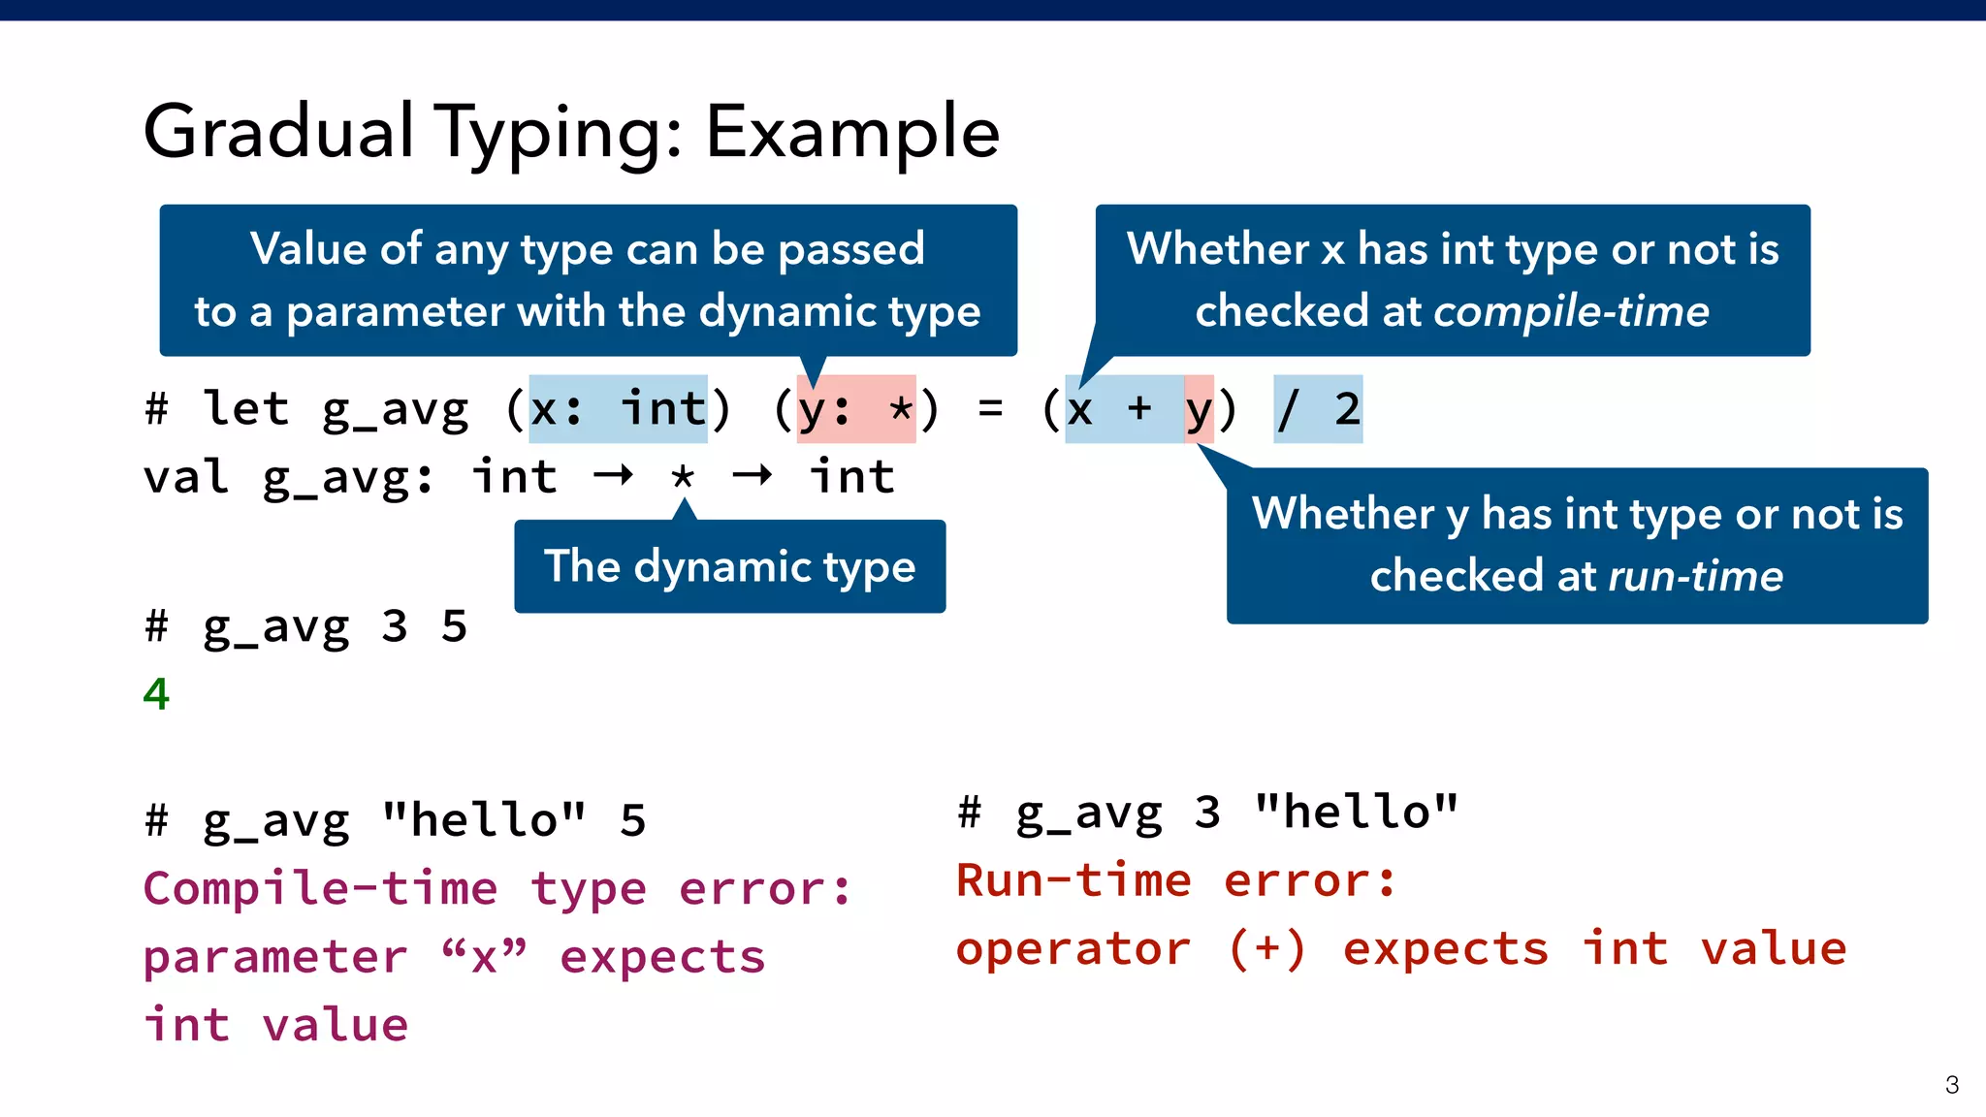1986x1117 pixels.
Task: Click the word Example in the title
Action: (851, 132)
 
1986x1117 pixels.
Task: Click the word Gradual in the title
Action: (278, 132)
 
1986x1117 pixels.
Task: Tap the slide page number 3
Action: (1951, 1084)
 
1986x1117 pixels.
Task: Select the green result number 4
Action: (156, 694)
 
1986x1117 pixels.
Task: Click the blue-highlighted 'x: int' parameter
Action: (618, 409)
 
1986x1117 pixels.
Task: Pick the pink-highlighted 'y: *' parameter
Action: (855, 409)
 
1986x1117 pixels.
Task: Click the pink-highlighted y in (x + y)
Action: (1199, 409)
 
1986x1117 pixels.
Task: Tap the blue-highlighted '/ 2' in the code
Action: (1318, 409)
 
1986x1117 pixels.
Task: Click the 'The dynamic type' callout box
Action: (729, 566)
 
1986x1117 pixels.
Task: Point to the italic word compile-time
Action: (1571, 312)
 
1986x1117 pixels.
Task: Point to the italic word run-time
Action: (1695, 576)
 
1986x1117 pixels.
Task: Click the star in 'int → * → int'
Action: (683, 478)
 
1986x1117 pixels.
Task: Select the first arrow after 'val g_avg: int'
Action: (613, 475)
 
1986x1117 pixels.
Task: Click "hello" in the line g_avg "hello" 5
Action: (484, 819)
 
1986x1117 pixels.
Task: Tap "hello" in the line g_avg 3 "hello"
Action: (1356, 812)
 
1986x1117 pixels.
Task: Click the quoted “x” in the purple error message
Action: (484, 957)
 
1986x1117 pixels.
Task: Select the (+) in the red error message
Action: (1266, 948)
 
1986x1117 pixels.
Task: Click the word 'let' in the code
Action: (245, 408)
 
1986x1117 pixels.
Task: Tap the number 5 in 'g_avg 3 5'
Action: (454, 626)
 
